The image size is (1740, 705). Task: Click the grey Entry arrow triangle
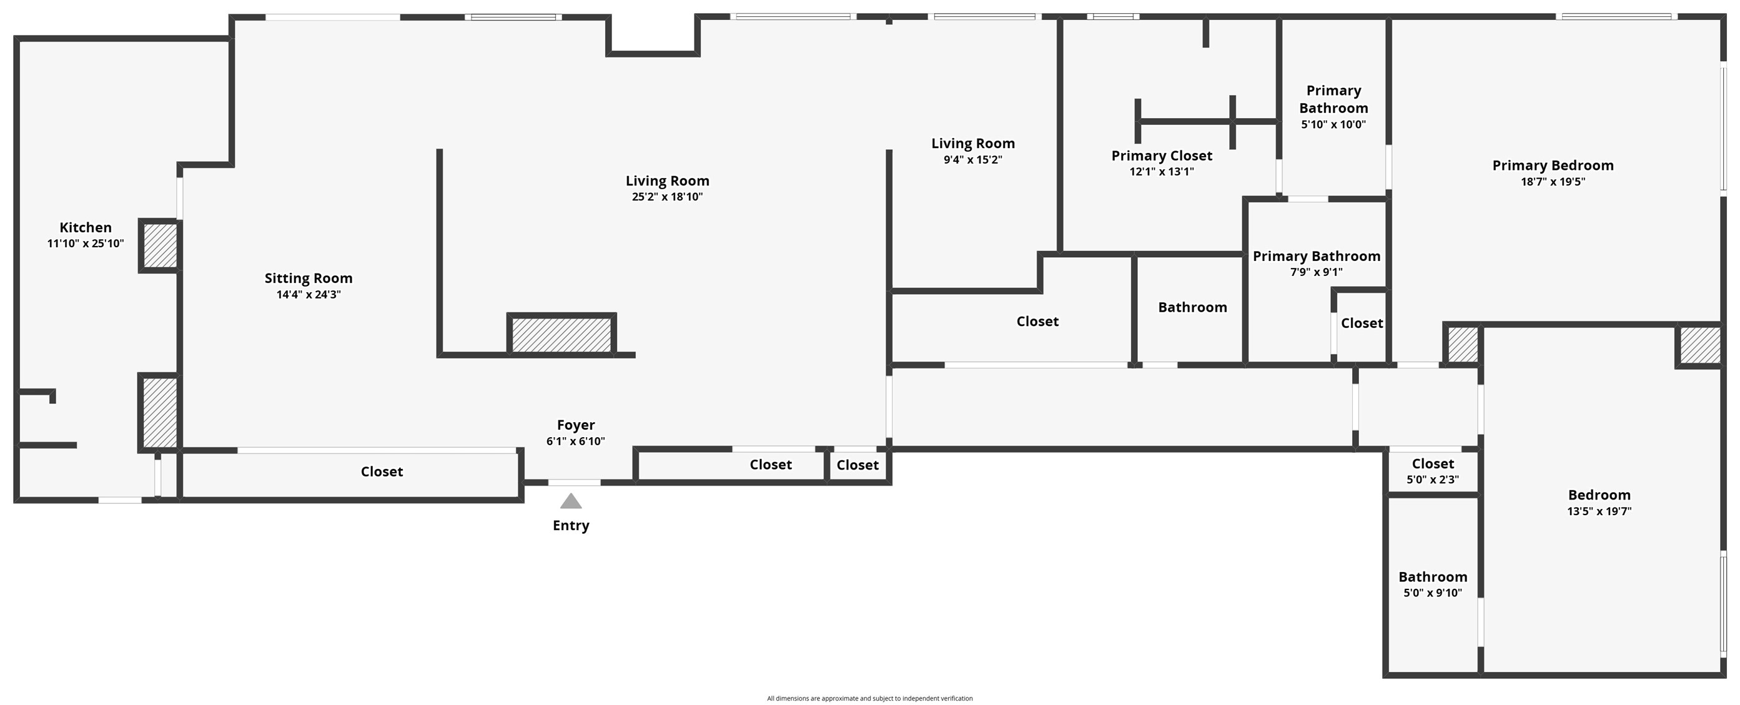[571, 501]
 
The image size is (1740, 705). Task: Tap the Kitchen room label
[85, 227]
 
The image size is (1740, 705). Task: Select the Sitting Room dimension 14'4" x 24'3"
[308, 294]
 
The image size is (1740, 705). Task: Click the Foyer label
[575, 425]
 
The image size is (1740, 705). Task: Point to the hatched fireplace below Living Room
[561, 334]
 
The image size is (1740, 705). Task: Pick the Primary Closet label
[1161, 156]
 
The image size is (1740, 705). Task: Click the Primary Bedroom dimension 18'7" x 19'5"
[1552, 182]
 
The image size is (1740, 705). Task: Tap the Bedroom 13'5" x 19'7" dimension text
[1599, 511]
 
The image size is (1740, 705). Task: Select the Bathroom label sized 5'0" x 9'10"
[1432, 577]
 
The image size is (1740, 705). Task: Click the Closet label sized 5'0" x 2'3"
[1432, 464]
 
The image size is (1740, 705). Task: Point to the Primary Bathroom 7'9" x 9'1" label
[1316, 257]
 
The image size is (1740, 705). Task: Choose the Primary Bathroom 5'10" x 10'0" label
[1333, 99]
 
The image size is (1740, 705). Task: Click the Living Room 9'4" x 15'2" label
[972, 144]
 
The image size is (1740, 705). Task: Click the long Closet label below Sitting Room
[382, 471]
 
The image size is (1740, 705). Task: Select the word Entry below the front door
[571, 525]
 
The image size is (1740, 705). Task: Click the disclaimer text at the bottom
[869, 698]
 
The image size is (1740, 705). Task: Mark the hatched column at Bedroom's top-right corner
[1699, 346]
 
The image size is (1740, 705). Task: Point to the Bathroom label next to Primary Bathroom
[1192, 307]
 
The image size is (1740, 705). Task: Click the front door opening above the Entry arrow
[573, 483]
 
